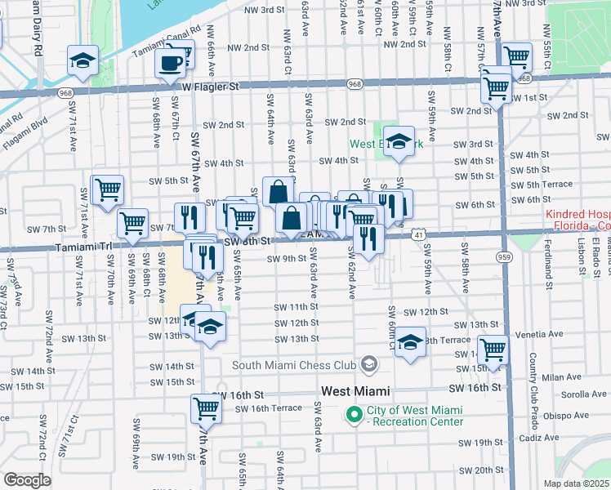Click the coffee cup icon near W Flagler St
pyautogui.click(x=171, y=62)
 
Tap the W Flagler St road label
pyautogui.click(x=210, y=86)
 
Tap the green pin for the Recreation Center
pyautogui.click(x=355, y=416)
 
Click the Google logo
pyautogui.click(x=26, y=480)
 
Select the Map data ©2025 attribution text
pyautogui.click(x=577, y=483)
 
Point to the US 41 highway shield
pyautogui.click(x=417, y=234)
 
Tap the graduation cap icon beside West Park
pyautogui.click(x=399, y=144)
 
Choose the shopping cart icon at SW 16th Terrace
pyautogui.click(x=207, y=408)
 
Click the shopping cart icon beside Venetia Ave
pyautogui.click(x=493, y=350)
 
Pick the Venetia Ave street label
pyautogui.click(x=543, y=334)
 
